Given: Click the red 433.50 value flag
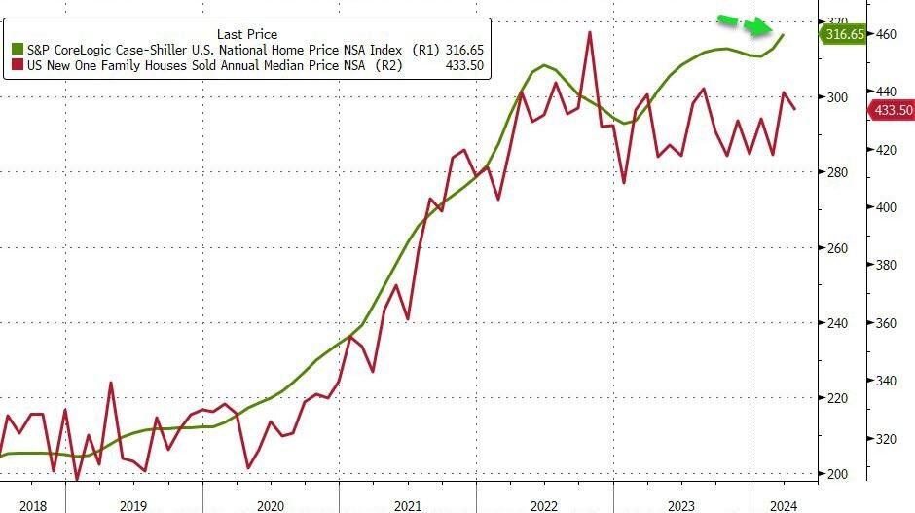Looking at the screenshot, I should click(x=891, y=110).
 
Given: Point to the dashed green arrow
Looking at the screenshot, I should click(x=745, y=24).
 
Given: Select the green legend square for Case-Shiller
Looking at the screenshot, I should click(x=17, y=48).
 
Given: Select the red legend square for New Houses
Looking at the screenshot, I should click(x=17, y=65).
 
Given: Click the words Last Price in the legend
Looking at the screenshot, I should click(x=246, y=34).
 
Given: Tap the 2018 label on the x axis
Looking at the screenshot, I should click(x=34, y=505).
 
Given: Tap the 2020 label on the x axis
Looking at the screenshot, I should click(x=271, y=505).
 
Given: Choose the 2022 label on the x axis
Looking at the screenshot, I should click(x=545, y=505).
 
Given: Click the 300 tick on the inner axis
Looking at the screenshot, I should click(x=837, y=97).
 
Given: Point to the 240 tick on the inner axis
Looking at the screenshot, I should click(x=837, y=323).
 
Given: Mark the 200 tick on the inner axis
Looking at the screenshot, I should click(x=837, y=474).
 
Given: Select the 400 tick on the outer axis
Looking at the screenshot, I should click(x=886, y=207).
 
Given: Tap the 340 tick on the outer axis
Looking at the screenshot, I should click(x=886, y=381).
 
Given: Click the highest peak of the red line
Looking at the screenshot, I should click(x=590, y=32).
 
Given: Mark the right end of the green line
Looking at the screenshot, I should click(x=784, y=35).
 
